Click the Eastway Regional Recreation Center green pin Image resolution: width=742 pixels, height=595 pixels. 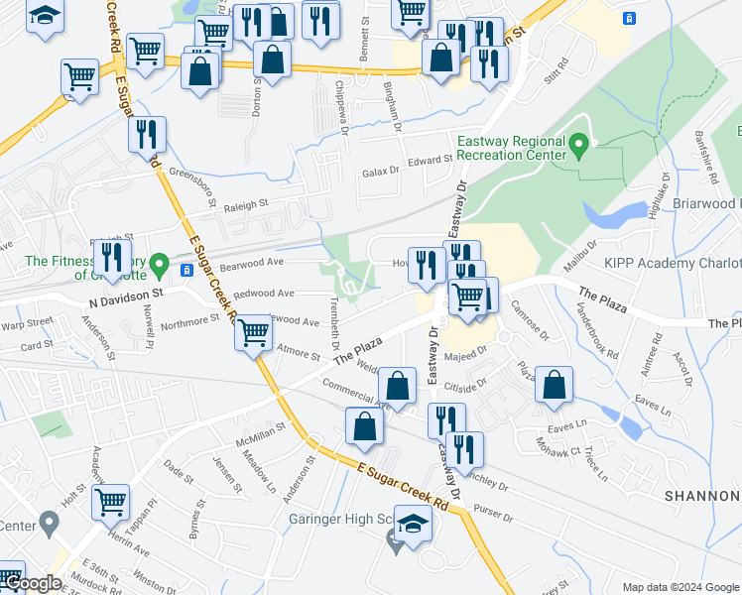tap(582, 146)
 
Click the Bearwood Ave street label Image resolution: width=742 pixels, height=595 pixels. tap(252, 263)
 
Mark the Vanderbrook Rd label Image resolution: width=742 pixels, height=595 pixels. tap(595, 334)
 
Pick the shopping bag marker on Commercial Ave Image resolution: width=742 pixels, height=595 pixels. tap(397, 388)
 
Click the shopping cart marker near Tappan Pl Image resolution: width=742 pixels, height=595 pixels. tap(110, 502)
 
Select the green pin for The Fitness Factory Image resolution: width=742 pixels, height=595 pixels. tap(159, 265)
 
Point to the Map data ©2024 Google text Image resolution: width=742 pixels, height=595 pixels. tap(680, 586)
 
